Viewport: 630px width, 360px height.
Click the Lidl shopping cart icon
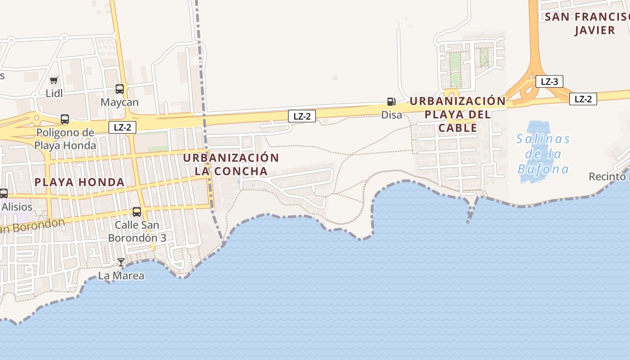click(54, 81)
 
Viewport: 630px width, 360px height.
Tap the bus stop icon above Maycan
click(120, 89)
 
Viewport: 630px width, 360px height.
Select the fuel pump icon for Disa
click(391, 102)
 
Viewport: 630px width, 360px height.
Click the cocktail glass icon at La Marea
click(121, 262)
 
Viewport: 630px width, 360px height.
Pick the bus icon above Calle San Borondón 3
click(137, 211)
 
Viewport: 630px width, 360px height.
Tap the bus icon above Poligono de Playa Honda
click(65, 119)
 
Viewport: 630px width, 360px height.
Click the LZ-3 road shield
click(549, 81)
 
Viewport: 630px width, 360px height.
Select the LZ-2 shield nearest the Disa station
click(302, 116)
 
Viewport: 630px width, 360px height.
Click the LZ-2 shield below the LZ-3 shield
click(583, 99)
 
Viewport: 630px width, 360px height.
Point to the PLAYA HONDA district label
click(80, 182)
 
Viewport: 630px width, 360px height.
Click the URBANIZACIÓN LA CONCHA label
click(231, 165)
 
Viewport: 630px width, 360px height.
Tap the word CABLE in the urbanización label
click(458, 128)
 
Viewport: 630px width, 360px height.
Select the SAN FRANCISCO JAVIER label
click(587, 23)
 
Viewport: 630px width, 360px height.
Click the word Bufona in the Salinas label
click(543, 169)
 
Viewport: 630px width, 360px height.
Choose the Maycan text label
click(120, 102)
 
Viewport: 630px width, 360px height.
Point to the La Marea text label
click(121, 275)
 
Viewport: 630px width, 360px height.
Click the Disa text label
click(391, 115)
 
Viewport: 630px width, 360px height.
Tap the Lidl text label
click(54, 93)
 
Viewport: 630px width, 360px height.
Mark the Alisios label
click(17, 207)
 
